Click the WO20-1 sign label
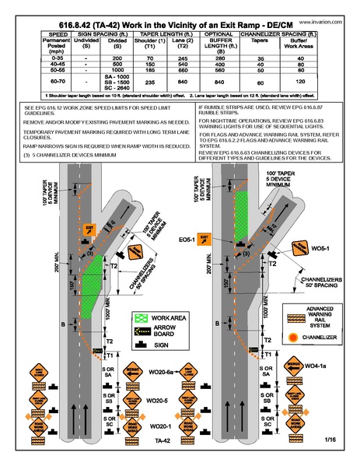coord(159,426)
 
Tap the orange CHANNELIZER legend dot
coord(294,338)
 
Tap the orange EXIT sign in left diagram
coord(89,230)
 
